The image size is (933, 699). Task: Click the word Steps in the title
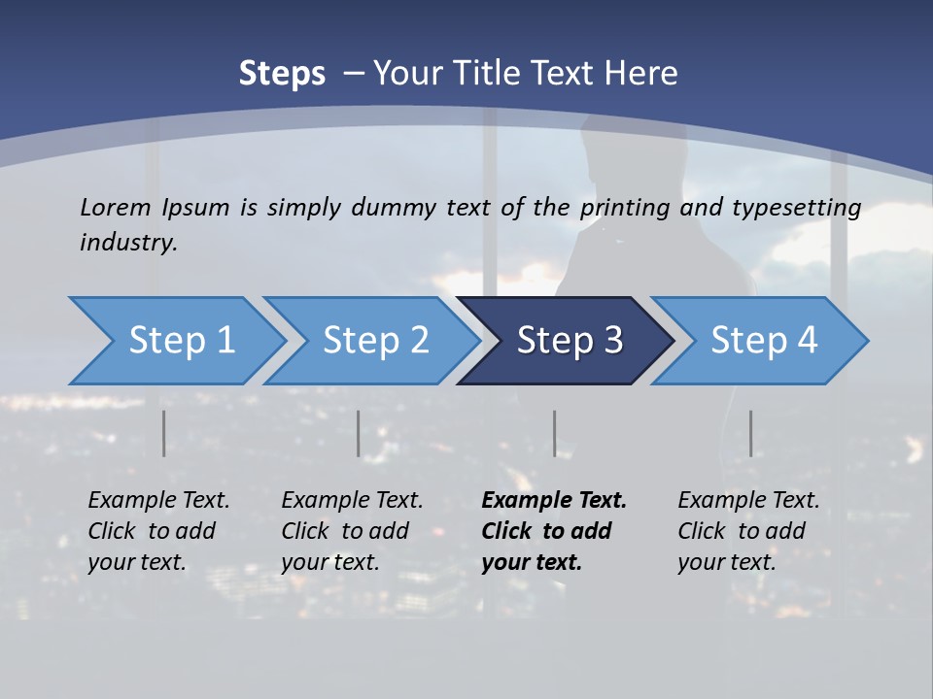282,74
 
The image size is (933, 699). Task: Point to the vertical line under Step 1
163,433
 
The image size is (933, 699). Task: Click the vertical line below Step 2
358,433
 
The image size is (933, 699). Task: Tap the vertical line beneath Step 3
554,433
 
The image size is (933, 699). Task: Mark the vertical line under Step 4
750,433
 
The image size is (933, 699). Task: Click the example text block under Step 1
158,531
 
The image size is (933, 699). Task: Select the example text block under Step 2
352,531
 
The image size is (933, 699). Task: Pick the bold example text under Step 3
554,531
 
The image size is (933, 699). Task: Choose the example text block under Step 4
748,531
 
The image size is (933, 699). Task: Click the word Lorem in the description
116,207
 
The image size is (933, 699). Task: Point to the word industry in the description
128,242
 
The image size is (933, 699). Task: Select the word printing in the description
625,208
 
